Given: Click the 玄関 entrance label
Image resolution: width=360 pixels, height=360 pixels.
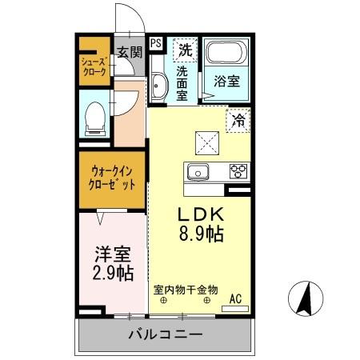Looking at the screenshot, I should pyautogui.click(x=129, y=52).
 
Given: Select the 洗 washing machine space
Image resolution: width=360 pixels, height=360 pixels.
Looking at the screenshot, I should pyautogui.click(x=185, y=49).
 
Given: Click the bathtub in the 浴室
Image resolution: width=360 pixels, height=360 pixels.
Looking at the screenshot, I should pyautogui.click(x=226, y=54).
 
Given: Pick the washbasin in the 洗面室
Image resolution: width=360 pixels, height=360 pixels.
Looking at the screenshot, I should pyautogui.click(x=158, y=86).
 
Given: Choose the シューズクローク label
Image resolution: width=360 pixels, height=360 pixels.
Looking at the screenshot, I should pyautogui.click(x=93, y=64).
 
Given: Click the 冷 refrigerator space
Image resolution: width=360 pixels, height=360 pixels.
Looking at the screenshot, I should pyautogui.click(x=238, y=121).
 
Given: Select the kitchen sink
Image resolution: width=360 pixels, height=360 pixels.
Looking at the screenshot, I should pyautogui.click(x=198, y=170).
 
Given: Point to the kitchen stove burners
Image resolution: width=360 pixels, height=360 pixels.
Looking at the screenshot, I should pyautogui.click(x=238, y=170).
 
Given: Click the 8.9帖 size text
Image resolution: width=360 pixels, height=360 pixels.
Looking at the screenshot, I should pyautogui.click(x=199, y=234).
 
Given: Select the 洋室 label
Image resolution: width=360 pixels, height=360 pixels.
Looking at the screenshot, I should pyautogui.click(x=112, y=254).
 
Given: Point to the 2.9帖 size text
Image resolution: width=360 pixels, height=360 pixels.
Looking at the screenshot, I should pyautogui.click(x=112, y=274).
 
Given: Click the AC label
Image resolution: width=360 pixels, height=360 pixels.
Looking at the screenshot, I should pyautogui.click(x=236, y=299).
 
